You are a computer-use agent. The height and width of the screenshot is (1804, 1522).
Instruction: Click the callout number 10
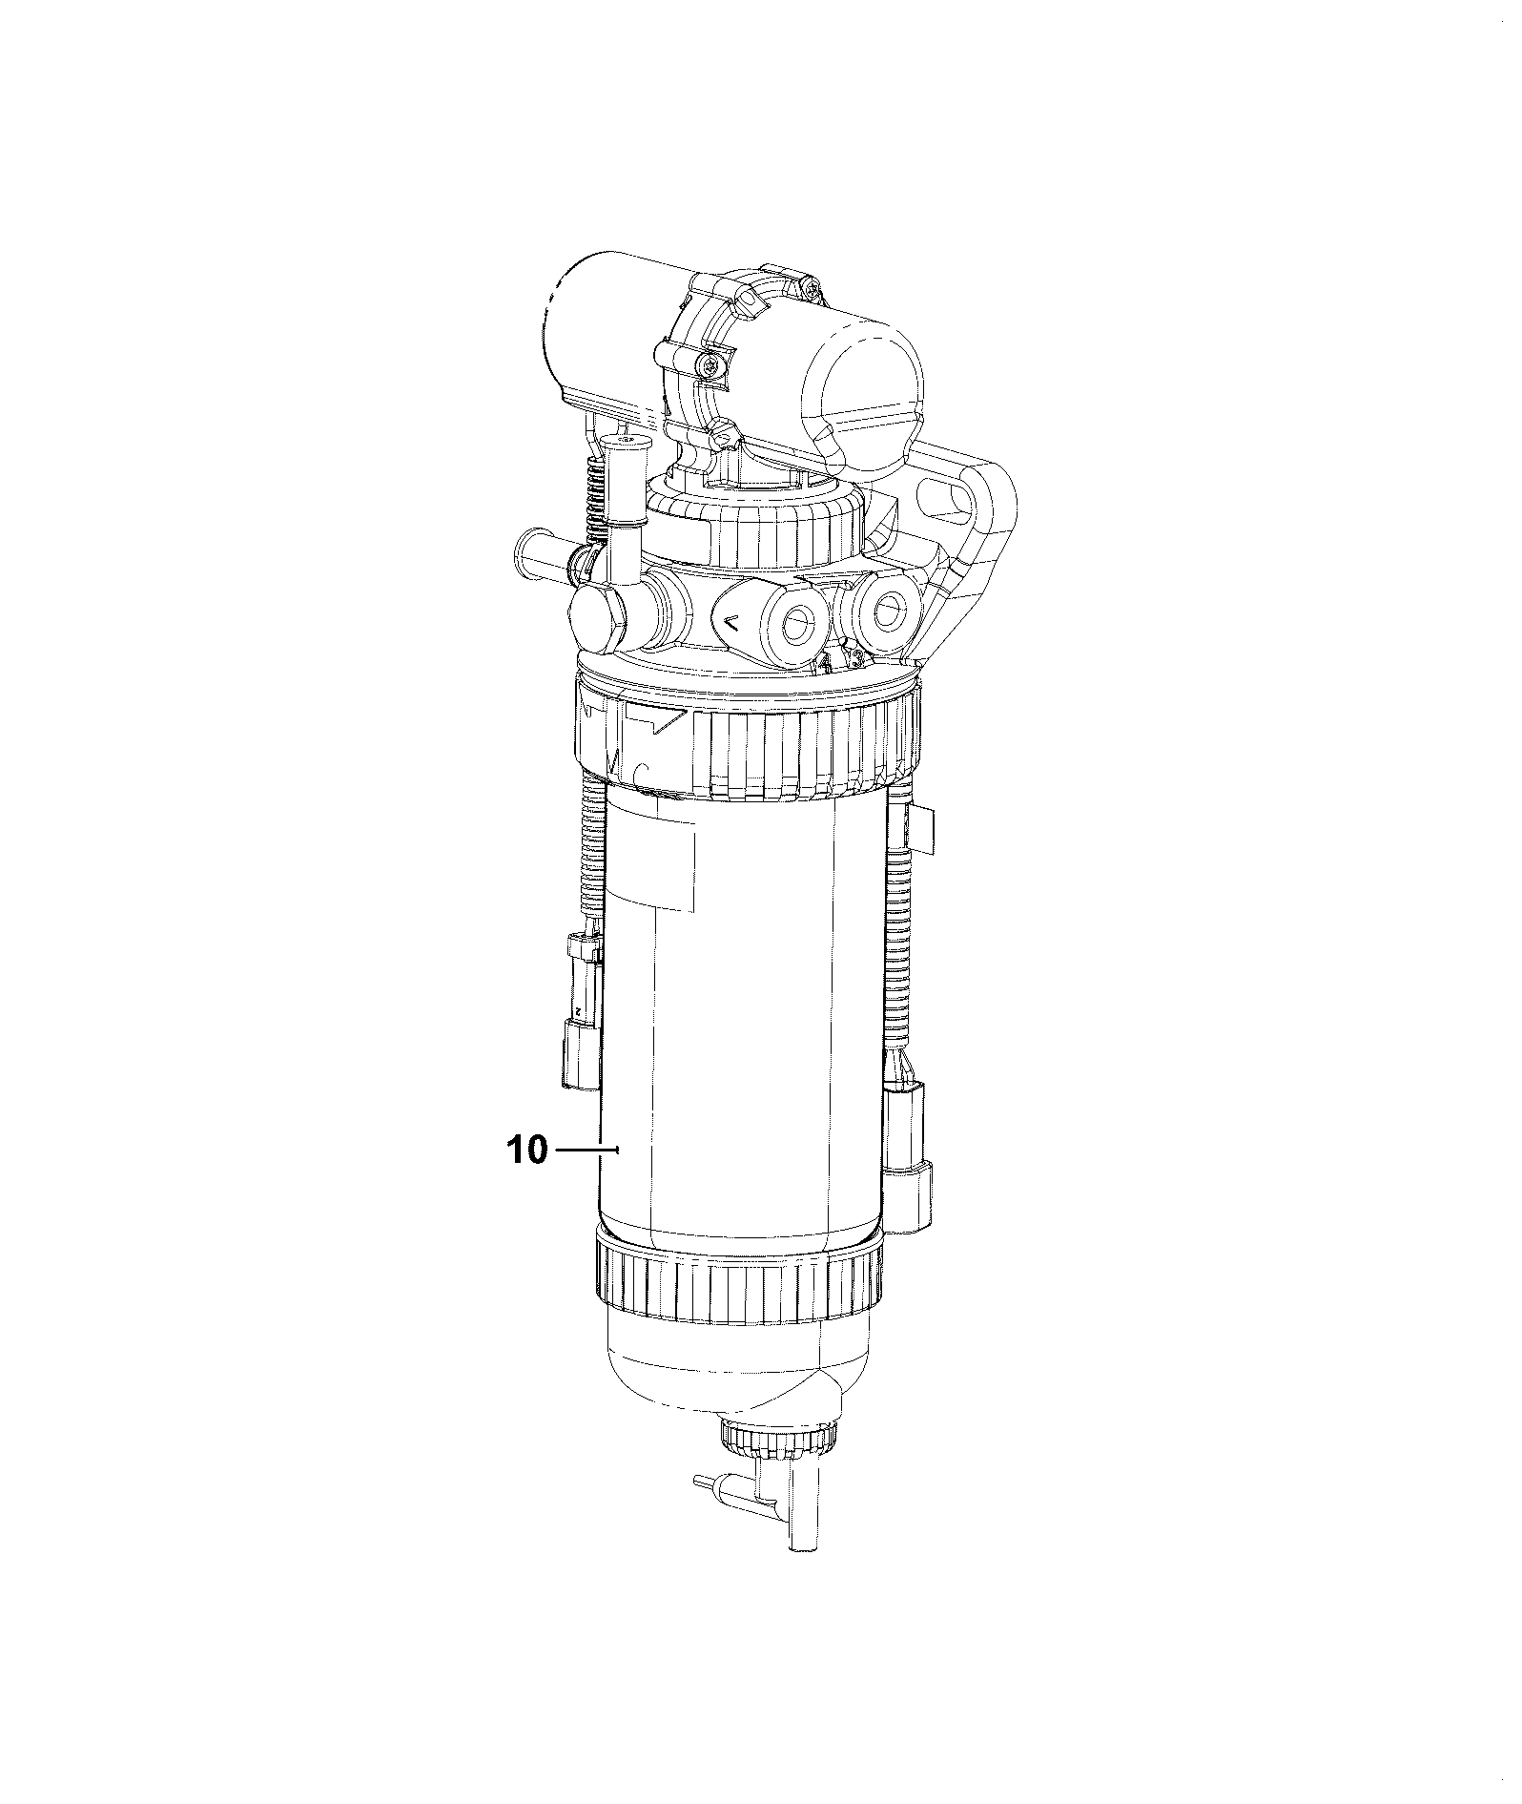coord(528,1151)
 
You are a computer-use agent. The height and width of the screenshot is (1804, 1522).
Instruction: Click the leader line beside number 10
coord(587,1151)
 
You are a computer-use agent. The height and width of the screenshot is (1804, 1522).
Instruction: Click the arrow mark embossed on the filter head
coord(731,623)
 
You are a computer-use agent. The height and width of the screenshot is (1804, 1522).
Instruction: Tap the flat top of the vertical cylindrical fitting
coord(626,439)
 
